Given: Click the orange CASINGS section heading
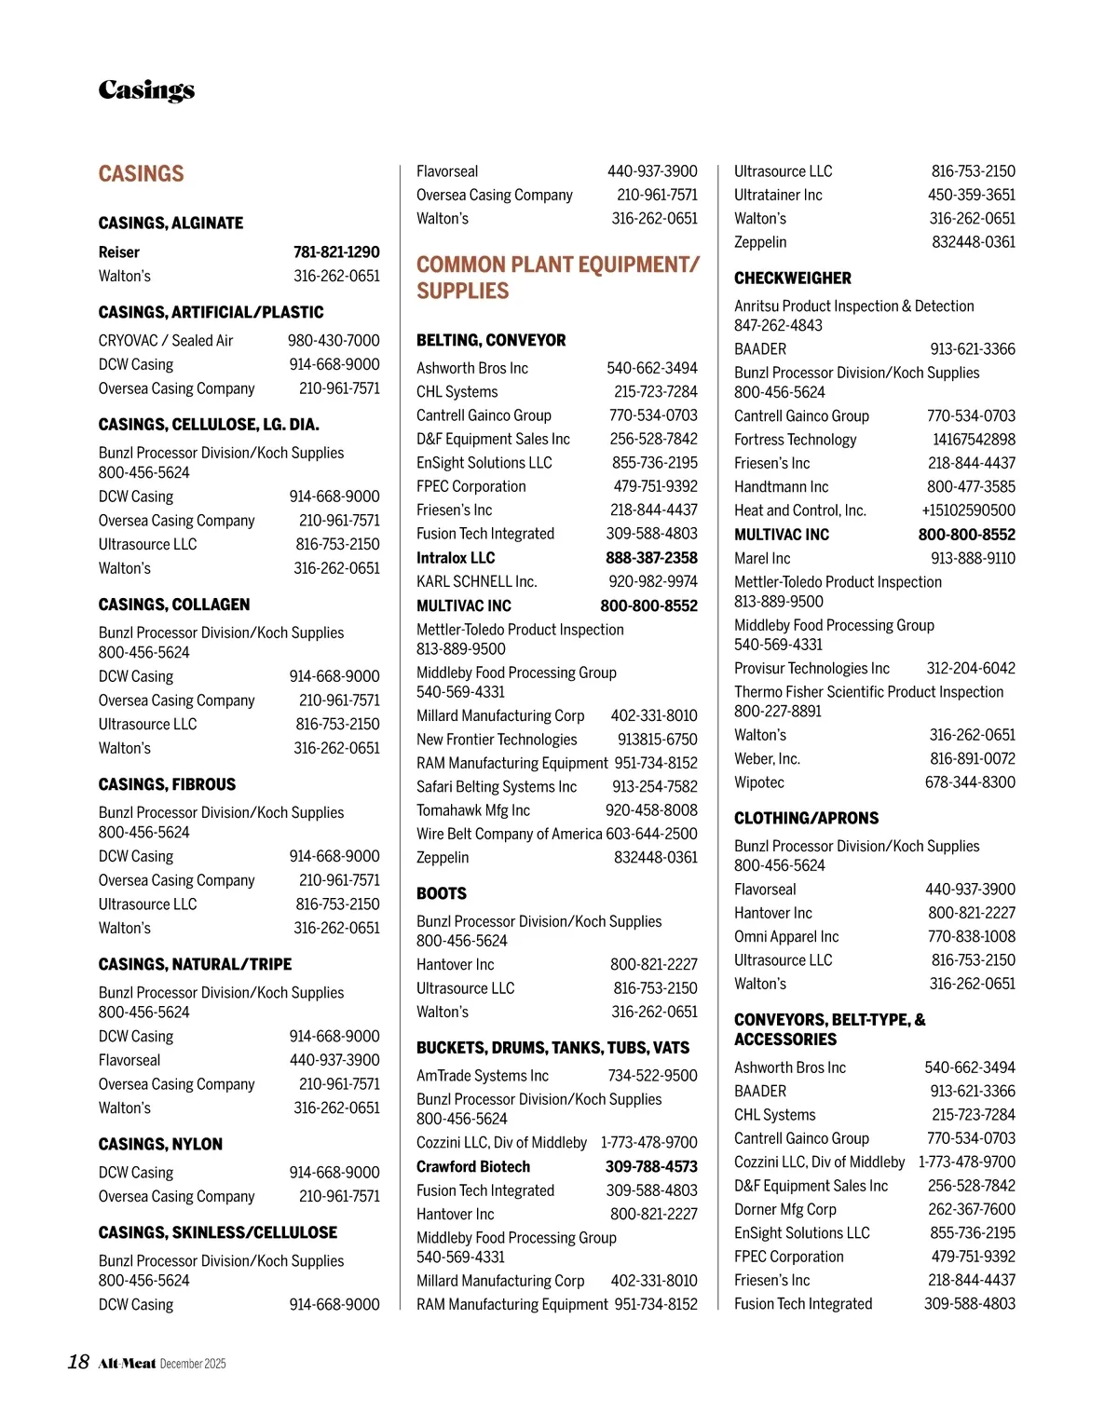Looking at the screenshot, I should point(141,174).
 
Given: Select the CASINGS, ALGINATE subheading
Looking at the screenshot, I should point(170,224).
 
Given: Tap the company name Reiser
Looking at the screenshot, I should point(118,252).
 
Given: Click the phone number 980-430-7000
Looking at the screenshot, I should point(334,341).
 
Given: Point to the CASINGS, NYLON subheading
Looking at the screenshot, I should point(160,1145).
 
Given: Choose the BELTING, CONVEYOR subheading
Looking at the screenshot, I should point(491,341).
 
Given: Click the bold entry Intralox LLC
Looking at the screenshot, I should point(456,558).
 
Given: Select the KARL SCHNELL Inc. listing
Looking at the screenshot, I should point(476,582).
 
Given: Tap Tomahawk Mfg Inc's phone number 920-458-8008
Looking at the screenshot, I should point(651,810).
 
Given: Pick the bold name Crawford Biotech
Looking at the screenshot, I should point(473,1167).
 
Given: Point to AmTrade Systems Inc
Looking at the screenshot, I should point(483,1076).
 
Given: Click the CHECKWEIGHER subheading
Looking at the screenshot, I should point(792,279).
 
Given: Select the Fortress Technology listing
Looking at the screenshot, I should point(795,440).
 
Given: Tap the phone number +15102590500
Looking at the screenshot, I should point(968,510).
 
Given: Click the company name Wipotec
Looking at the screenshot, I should point(759,782).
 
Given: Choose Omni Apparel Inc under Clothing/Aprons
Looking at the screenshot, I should point(786,937).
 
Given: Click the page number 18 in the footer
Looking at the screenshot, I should point(78,1363).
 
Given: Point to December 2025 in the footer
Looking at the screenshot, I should point(193,1365).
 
